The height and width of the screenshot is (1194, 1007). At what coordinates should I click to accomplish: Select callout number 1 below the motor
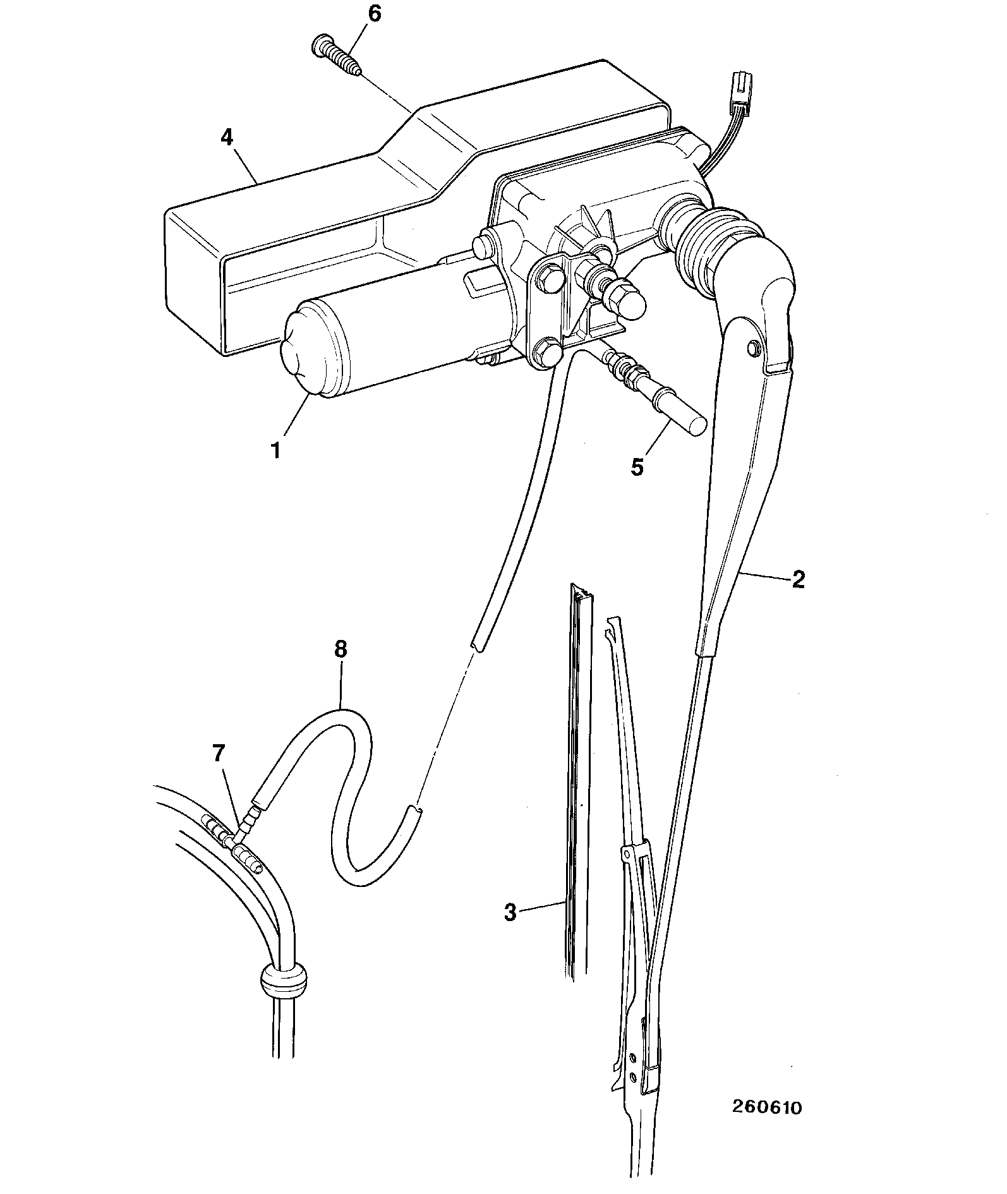[275, 452]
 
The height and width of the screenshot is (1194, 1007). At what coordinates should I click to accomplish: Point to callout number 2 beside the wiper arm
[799, 579]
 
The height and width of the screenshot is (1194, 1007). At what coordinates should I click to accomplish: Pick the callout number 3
[510, 912]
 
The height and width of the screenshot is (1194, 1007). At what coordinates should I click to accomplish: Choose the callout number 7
[218, 753]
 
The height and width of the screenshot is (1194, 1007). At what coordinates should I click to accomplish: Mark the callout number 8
[341, 650]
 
